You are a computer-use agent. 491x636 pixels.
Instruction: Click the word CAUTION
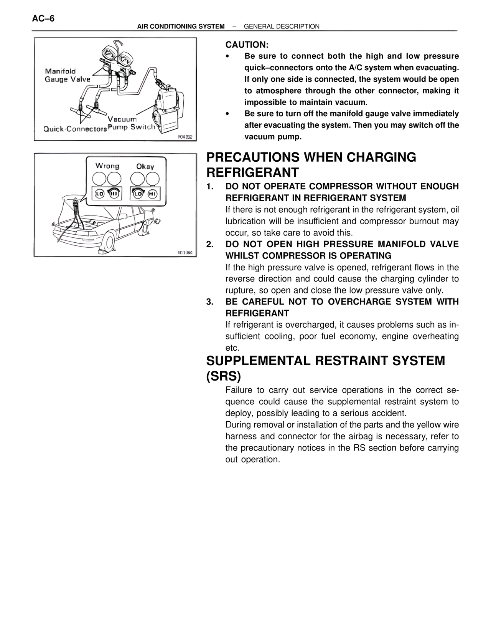[247, 45]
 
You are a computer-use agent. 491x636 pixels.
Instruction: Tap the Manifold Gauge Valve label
[68, 75]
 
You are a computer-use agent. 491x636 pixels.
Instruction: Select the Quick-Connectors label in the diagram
[75, 129]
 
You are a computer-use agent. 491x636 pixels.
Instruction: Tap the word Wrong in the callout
[107, 166]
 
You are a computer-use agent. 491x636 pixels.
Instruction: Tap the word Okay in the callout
[145, 166]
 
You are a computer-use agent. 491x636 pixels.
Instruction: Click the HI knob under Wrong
[114, 194]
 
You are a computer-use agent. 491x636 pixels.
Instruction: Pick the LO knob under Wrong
[100, 194]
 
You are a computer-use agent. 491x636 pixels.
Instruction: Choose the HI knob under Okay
[152, 194]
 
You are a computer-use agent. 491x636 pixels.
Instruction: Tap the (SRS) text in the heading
[224, 376]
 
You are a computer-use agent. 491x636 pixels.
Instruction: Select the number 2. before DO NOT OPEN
[209, 244]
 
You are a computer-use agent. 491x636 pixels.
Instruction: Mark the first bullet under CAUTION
[228, 56]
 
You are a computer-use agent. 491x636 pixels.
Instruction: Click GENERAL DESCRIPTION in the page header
[282, 26]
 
